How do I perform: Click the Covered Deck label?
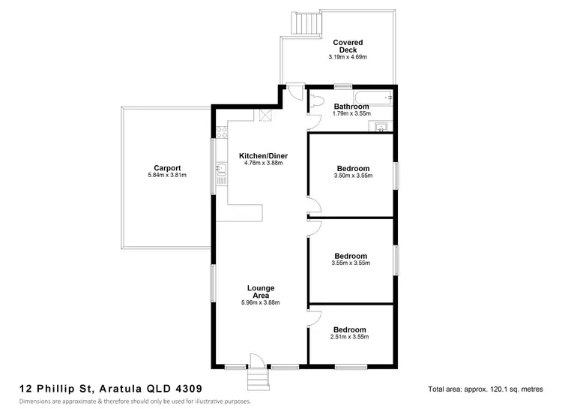(348, 46)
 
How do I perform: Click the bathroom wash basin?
(381, 126)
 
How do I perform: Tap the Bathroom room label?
(351, 107)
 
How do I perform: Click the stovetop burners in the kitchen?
(222, 132)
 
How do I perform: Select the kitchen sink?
(222, 173)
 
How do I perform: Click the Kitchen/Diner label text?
(263, 156)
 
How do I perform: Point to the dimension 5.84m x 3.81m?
(167, 176)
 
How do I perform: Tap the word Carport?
(167, 168)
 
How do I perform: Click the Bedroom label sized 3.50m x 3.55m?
(352, 168)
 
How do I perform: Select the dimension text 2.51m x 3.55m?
(349, 337)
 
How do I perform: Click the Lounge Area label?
(260, 291)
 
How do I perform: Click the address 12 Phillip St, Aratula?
(110, 389)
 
